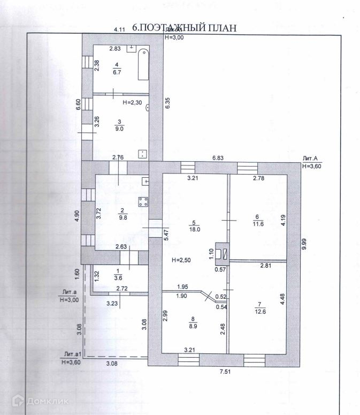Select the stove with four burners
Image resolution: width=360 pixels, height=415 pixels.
pyautogui.click(x=143, y=202)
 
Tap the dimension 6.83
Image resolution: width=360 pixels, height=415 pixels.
pyautogui.click(x=217, y=158)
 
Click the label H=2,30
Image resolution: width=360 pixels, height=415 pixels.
pyautogui.click(x=133, y=102)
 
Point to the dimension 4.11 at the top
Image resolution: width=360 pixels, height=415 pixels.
pyautogui.click(x=118, y=29)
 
